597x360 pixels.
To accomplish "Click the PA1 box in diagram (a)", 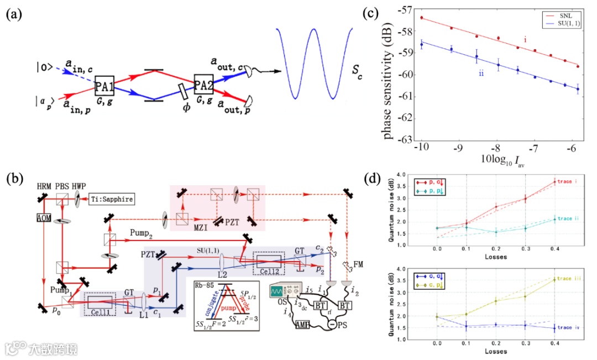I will (104, 86).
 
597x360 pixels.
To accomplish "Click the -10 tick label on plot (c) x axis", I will (421, 150).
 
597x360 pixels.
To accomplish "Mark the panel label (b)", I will (14, 179).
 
